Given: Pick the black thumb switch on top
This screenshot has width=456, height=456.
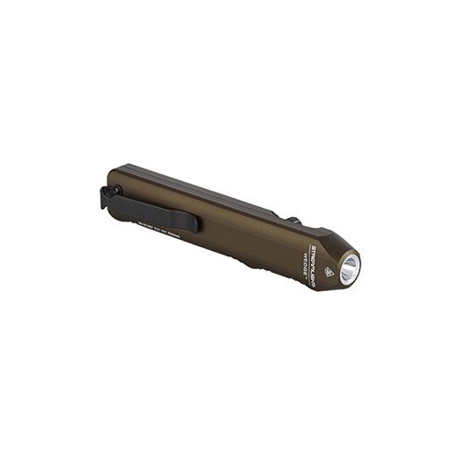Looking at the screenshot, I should pos(293,222).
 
